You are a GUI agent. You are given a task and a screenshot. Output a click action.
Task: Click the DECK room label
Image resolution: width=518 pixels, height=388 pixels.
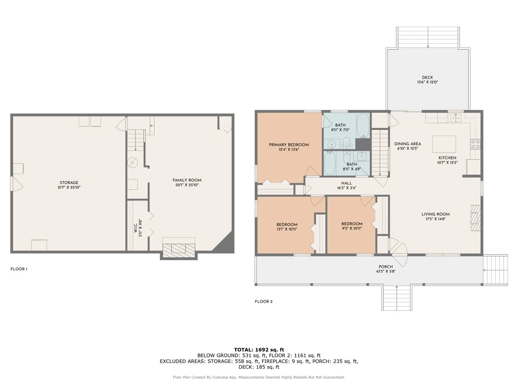point(427,77)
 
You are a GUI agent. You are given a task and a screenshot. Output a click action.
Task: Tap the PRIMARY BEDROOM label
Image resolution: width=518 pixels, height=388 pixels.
point(289,145)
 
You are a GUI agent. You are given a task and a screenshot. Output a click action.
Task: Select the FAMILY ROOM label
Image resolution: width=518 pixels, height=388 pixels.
point(187,180)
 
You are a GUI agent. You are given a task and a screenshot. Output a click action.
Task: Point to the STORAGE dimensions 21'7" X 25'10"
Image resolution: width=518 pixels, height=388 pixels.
point(69,187)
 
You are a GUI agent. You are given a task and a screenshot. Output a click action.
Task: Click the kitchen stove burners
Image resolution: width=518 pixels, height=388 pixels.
point(475,144)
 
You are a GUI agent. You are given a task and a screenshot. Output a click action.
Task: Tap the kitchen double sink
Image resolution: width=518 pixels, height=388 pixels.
point(456,118)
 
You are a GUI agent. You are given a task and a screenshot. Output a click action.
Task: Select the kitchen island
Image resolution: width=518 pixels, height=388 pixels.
point(444,144)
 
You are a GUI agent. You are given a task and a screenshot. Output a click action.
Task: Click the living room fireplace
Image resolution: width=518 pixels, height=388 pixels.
point(476,218)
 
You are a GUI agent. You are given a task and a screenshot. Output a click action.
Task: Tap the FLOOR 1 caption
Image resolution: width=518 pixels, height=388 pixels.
point(19,269)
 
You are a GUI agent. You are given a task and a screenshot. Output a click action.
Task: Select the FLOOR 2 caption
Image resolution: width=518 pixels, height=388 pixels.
point(264,301)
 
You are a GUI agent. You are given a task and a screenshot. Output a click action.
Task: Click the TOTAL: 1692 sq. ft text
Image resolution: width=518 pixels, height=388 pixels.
point(259,350)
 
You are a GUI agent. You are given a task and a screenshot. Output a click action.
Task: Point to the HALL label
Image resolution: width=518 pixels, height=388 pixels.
point(347,183)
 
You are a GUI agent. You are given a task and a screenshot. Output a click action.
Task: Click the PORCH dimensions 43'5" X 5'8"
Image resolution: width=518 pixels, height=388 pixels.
point(385,271)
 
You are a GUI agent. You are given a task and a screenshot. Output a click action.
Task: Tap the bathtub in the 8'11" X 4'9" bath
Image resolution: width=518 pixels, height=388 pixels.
point(329,163)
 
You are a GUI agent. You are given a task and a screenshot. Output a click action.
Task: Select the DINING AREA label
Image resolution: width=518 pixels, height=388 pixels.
point(407,144)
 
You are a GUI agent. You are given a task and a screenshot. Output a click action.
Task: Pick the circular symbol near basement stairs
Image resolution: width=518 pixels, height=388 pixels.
point(133,162)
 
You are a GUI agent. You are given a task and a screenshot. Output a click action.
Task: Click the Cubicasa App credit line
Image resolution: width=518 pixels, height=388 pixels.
point(259,377)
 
